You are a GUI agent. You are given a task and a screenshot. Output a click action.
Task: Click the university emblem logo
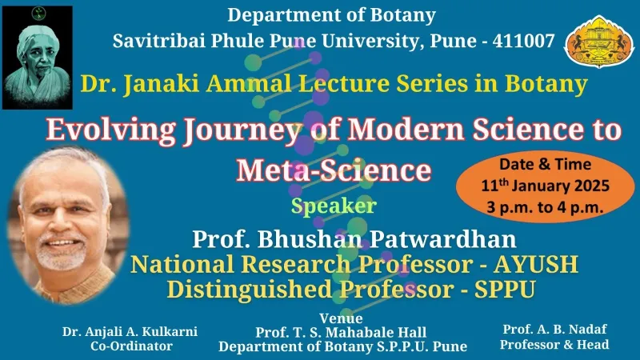(x=599, y=41)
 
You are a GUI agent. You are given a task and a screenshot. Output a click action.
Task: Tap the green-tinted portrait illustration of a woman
(x=38, y=58)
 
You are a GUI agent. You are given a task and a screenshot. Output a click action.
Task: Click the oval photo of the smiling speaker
(x=69, y=226)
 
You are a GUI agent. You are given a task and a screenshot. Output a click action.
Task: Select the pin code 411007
(x=524, y=41)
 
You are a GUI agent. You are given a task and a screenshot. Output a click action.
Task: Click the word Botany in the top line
(x=403, y=15)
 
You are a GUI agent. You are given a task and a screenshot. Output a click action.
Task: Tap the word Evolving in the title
(x=111, y=130)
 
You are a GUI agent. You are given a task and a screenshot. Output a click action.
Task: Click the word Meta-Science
(x=334, y=170)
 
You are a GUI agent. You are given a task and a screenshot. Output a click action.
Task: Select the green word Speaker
(x=334, y=206)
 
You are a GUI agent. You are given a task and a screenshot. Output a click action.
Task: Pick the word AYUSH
(x=536, y=264)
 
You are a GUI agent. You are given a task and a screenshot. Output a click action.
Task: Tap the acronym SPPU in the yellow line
(x=505, y=290)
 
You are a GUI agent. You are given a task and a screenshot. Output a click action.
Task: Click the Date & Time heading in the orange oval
(x=546, y=164)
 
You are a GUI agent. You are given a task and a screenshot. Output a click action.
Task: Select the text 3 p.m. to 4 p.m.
(x=545, y=207)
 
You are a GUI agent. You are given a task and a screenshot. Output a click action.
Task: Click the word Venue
(x=341, y=318)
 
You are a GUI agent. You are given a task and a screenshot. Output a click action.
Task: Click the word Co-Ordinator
(x=131, y=346)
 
